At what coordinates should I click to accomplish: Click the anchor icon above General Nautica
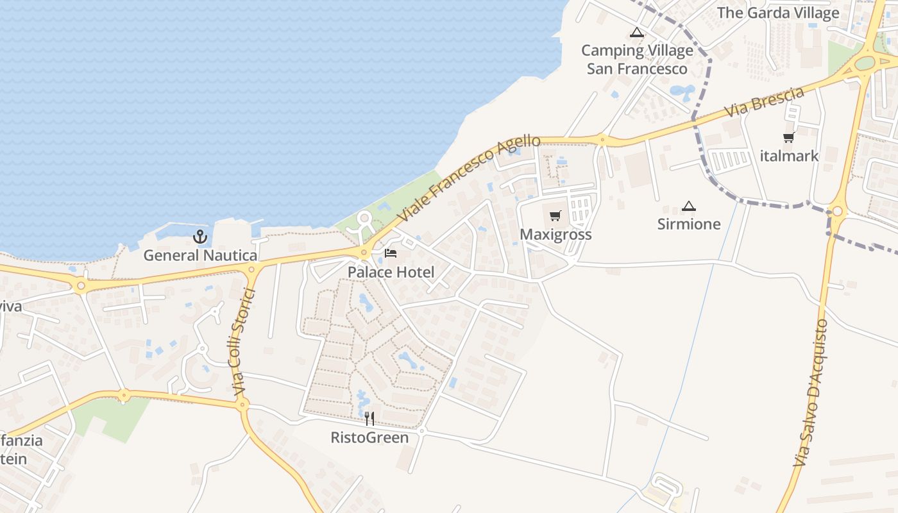[x=200, y=237]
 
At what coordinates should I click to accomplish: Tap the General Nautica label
[x=200, y=255]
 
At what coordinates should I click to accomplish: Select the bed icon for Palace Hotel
[x=391, y=253]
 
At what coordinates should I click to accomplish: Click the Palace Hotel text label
[x=391, y=272]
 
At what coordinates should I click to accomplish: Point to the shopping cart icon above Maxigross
[x=555, y=216]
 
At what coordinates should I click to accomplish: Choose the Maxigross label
[x=555, y=235]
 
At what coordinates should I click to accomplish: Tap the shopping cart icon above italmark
[x=789, y=137]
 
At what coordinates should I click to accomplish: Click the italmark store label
[x=789, y=156]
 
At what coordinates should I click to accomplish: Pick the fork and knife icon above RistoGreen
[x=369, y=419]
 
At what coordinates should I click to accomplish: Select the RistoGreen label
[x=369, y=438]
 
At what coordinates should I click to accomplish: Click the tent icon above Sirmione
[x=689, y=206]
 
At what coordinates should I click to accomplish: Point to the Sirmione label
[x=689, y=224]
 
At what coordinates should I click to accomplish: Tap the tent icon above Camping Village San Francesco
[x=636, y=32]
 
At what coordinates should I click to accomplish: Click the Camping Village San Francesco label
[x=637, y=60]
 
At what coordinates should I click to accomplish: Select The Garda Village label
[x=777, y=13]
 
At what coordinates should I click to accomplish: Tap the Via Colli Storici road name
[x=241, y=342]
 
